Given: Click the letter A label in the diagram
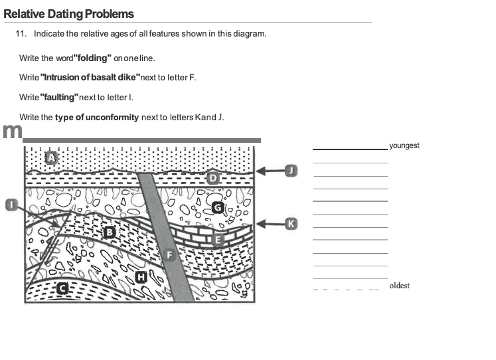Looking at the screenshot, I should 52,157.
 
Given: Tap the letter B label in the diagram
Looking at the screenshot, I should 110,232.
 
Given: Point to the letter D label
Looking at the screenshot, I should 213,178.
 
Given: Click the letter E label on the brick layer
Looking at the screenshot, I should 217,239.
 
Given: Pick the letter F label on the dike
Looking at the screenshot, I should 169,255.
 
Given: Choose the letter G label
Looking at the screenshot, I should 217,208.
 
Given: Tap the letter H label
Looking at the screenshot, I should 140,276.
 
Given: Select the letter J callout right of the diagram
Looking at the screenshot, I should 290,171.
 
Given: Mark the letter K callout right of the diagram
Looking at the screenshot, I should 290,223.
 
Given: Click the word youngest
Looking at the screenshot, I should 404,145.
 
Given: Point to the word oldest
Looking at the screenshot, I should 400,286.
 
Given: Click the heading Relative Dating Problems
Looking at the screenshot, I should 68,14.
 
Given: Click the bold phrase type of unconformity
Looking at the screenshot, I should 97,118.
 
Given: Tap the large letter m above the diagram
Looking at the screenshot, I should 11,131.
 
